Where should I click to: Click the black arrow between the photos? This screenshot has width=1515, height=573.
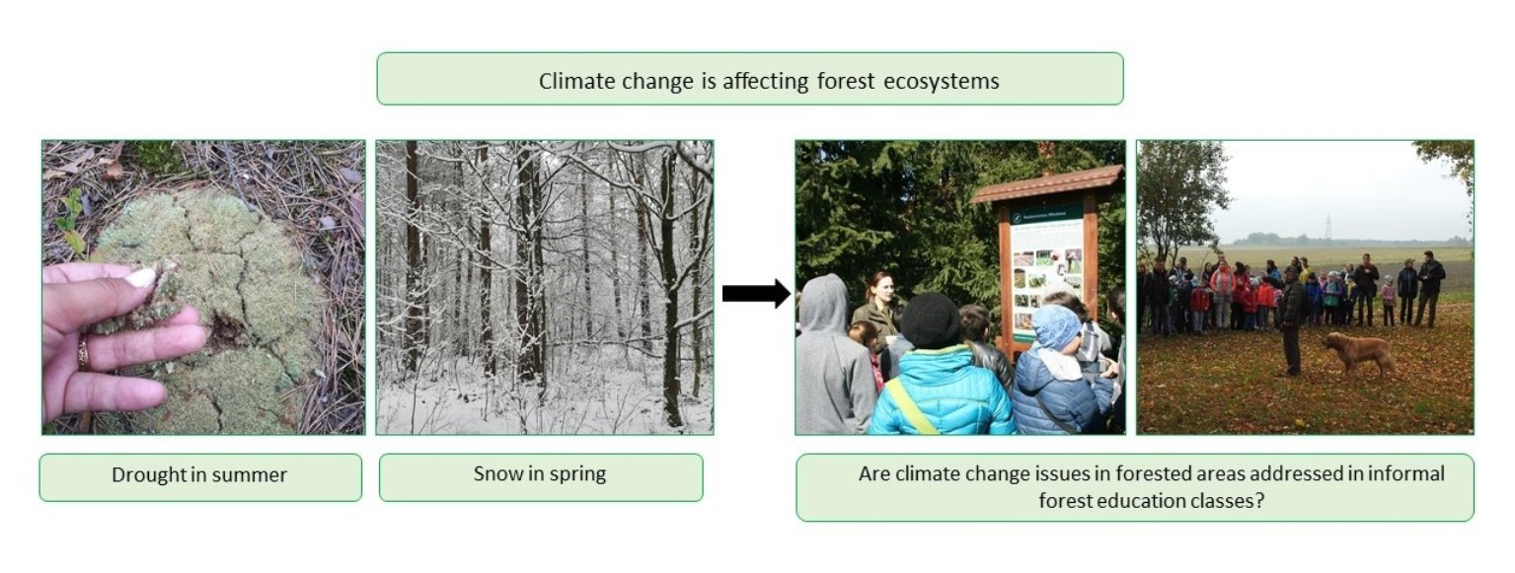[756, 293]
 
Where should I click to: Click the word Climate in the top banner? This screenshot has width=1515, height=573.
[576, 81]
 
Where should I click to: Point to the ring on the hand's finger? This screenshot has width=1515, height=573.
[83, 353]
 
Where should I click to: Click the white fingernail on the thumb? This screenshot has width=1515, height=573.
[141, 277]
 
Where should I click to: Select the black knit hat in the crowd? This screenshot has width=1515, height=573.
[930, 320]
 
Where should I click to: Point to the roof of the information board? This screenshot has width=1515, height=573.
[1047, 182]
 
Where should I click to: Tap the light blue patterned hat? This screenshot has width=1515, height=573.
[1056, 327]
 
